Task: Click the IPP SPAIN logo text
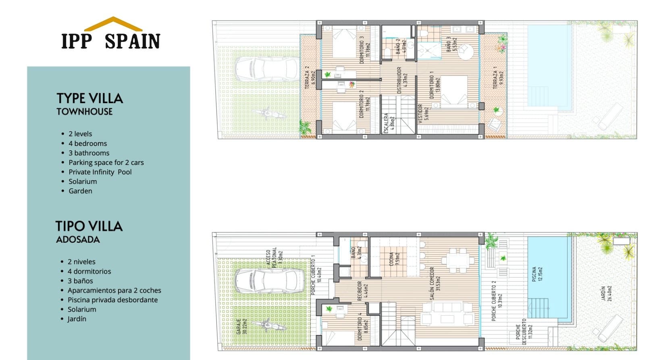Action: [x=111, y=41]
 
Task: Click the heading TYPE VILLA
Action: [x=89, y=98]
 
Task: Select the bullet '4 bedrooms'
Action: [x=87, y=144]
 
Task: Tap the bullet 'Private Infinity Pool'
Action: [x=100, y=172]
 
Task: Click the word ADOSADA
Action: [x=78, y=239]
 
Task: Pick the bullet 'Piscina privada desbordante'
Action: [x=112, y=300]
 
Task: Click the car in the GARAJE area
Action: [x=269, y=281]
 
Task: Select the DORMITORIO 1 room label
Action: [x=435, y=85]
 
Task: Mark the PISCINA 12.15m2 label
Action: [x=537, y=274]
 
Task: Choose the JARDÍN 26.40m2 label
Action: [x=606, y=293]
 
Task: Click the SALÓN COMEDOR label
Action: [x=435, y=283]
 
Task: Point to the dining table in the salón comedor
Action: [x=456, y=261]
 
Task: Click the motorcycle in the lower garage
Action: [x=265, y=326]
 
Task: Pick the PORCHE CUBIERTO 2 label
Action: [x=497, y=301]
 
